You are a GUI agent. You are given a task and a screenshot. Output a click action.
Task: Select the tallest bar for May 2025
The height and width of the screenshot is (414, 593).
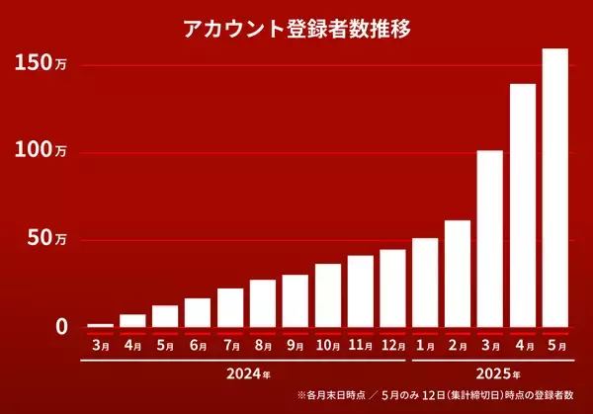(554, 188)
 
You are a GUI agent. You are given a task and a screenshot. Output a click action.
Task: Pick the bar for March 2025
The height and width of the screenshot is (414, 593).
(489, 238)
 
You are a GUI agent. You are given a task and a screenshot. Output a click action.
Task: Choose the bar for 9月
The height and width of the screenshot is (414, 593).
(295, 300)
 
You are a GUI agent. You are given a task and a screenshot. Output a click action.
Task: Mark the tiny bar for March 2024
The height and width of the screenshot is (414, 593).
(101, 324)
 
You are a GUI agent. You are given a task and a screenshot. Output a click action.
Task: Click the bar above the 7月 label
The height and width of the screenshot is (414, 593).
(230, 307)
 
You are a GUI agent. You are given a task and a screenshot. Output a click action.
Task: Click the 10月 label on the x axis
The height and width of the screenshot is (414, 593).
(327, 345)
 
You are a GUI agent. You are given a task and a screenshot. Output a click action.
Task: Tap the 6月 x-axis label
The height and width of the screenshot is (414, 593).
(198, 345)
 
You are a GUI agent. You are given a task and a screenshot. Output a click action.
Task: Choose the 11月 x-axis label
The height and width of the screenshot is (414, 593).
(360, 345)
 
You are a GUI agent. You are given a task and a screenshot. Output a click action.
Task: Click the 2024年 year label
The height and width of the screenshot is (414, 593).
(247, 374)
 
